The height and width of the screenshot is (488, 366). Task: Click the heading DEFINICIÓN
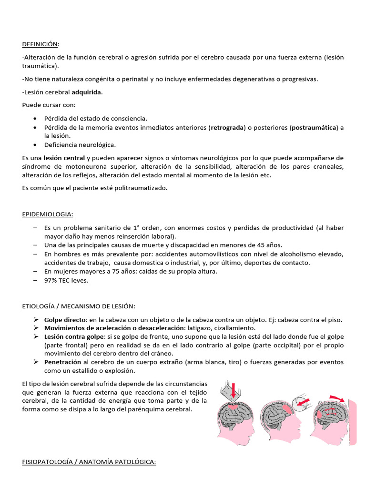[x=41, y=44]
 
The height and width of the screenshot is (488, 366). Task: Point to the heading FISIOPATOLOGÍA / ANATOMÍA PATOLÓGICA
[x=89, y=462]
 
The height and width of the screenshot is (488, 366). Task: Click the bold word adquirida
[x=86, y=92]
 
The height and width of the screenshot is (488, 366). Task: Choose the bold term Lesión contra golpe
[x=74, y=336]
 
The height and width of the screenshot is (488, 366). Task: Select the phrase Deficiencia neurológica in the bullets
[x=80, y=144]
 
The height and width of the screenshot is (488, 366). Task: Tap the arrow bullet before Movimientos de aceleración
[x=36, y=328]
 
